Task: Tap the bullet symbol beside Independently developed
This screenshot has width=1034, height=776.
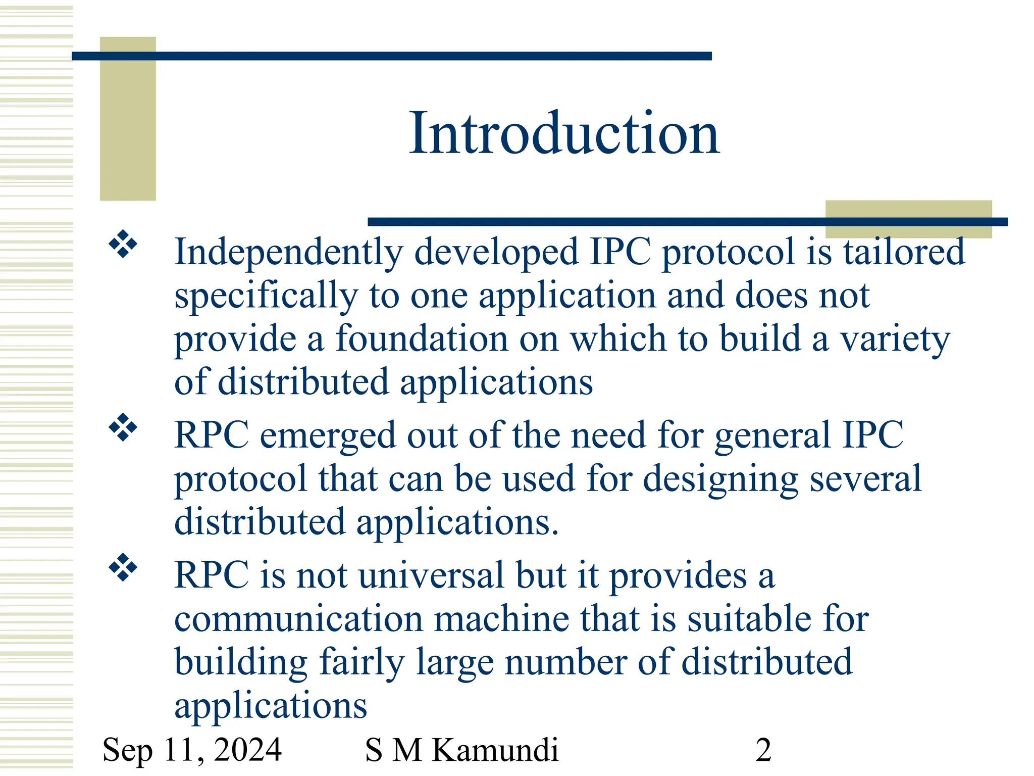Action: pos(123,245)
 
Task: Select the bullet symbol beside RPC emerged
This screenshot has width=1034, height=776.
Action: pos(123,427)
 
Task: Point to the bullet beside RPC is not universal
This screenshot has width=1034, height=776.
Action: pos(123,567)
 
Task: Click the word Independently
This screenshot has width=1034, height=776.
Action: pos(288,253)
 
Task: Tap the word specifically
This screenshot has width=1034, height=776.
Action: pos(266,296)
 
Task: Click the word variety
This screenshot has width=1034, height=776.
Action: pos(895,339)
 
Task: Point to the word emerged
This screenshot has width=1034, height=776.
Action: pos(328,436)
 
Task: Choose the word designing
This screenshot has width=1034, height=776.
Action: pos(720,479)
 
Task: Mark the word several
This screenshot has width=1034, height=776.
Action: pos(865,478)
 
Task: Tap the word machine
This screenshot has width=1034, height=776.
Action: pos(501,619)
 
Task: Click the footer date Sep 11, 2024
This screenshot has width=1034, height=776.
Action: pos(192,750)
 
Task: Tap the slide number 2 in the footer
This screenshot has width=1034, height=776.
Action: pos(763,750)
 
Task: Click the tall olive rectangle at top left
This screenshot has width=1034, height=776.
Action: pos(128,119)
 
